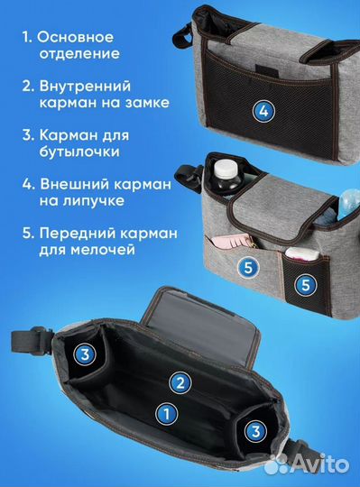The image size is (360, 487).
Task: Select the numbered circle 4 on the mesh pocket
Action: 263,112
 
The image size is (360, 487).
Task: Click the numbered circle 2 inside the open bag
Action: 181,383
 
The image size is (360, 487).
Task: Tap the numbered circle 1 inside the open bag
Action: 165,414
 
